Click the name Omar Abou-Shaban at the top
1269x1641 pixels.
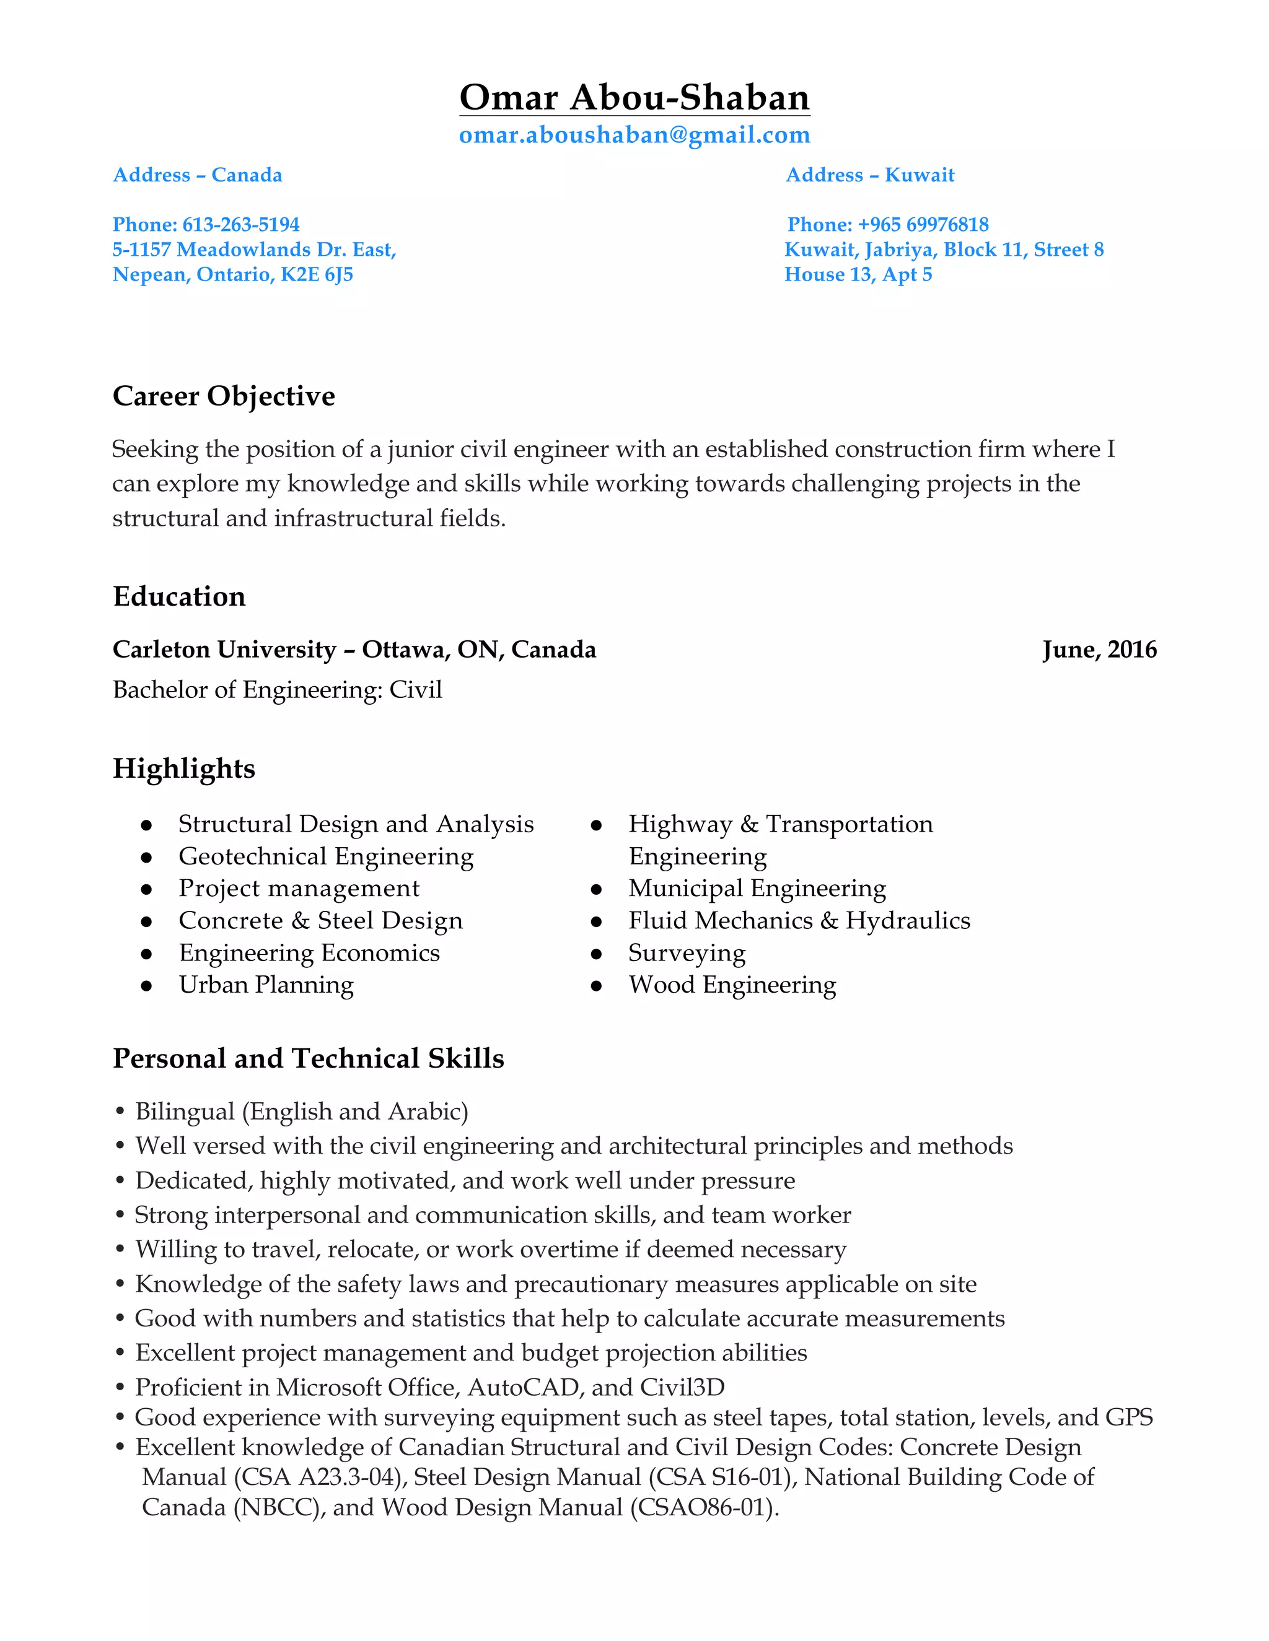(x=634, y=98)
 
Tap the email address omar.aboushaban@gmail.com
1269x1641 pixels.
(x=634, y=135)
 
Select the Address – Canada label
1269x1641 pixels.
(x=198, y=175)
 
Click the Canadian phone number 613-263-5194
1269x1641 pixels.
(x=240, y=225)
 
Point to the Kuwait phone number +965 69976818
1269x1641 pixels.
(x=923, y=225)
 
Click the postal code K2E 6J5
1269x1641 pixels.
(x=317, y=275)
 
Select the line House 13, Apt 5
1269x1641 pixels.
(x=858, y=275)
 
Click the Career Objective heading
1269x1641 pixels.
(x=223, y=396)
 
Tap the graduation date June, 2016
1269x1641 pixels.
(x=1099, y=650)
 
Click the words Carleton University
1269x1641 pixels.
(x=224, y=650)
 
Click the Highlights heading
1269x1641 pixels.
(x=184, y=768)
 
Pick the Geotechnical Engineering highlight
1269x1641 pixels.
(x=325, y=856)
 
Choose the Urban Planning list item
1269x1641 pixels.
(x=266, y=985)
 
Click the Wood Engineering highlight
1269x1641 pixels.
(x=732, y=985)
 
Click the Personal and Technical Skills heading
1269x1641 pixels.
(x=308, y=1059)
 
